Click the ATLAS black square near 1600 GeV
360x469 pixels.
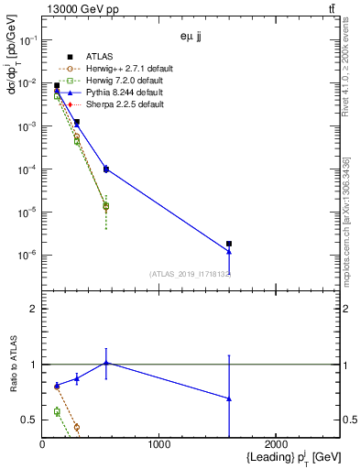tap(228, 244)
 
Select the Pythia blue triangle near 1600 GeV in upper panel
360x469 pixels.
tap(228, 252)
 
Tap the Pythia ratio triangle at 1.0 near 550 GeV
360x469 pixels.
tap(106, 363)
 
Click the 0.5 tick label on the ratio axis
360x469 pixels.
tap(29, 420)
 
